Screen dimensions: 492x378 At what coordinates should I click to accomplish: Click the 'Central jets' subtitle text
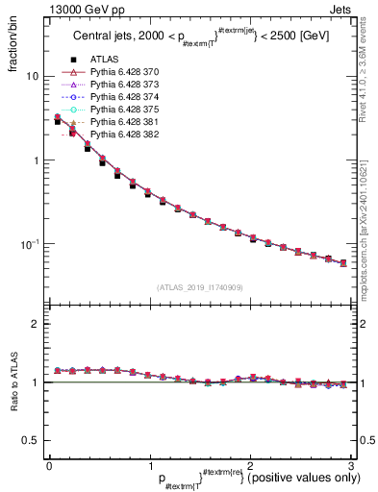pyautogui.click(x=105, y=37)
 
